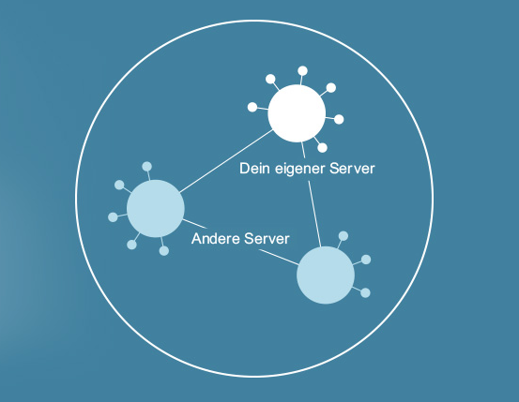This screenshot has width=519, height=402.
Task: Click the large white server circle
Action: point(297,113)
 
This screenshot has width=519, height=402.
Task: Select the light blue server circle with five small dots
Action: point(156,209)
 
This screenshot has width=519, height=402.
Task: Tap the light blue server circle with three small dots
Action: point(326,275)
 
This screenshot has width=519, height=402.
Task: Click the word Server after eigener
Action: point(352,169)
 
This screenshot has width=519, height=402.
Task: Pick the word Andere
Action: point(215,238)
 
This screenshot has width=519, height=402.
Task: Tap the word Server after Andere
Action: point(267,238)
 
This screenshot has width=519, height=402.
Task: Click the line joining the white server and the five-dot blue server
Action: point(226,161)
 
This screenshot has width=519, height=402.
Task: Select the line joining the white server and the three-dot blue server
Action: point(312,194)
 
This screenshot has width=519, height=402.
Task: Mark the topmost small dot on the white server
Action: point(302,70)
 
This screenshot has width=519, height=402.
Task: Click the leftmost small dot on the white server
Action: point(252,107)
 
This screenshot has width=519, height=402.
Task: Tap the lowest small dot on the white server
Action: point(322,147)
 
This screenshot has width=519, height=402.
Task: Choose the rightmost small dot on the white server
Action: point(339,119)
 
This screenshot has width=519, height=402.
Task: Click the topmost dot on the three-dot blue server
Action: point(343,236)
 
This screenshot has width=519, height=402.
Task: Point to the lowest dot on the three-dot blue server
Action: point(365,293)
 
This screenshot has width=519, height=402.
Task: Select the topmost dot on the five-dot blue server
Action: point(147,166)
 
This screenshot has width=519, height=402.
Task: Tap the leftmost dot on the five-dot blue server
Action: point(113,217)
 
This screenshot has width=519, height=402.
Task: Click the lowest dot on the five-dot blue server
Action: point(164,251)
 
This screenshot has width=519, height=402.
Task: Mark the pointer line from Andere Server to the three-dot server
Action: point(279,257)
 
